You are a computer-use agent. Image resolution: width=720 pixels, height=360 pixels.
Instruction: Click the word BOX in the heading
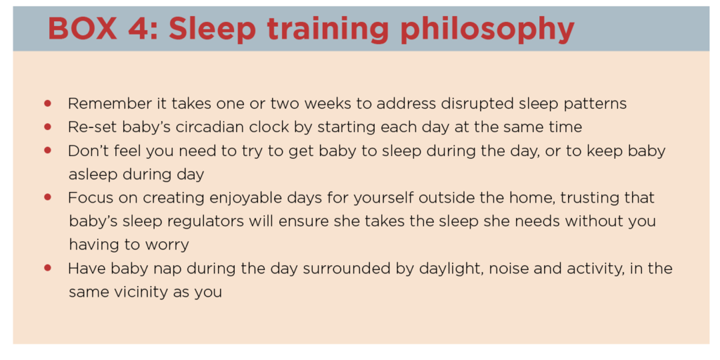click(82, 28)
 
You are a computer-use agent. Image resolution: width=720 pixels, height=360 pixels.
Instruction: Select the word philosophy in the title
click(487, 30)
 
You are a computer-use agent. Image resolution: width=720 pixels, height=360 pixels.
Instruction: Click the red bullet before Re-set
click(48, 127)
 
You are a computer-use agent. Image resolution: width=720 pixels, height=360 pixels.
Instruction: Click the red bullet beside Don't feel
click(48, 150)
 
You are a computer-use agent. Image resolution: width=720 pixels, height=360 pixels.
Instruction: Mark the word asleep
click(94, 175)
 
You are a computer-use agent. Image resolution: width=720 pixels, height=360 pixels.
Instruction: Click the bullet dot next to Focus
click(48, 198)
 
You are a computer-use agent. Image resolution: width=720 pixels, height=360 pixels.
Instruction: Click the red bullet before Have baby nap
click(48, 268)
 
